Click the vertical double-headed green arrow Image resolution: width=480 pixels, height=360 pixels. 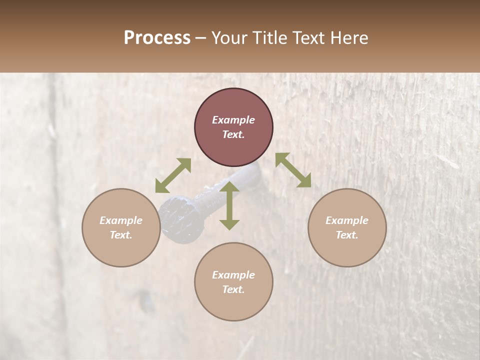click(x=229, y=205)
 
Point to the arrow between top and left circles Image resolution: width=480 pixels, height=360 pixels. click(x=173, y=175)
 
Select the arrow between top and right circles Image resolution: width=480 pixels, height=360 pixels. click(x=293, y=170)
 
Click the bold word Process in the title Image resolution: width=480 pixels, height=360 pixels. click(x=157, y=37)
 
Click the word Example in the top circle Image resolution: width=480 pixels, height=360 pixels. click(x=233, y=120)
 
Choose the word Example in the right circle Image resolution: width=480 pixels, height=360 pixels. click(x=347, y=220)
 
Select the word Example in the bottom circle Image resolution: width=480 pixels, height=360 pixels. click(x=233, y=275)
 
